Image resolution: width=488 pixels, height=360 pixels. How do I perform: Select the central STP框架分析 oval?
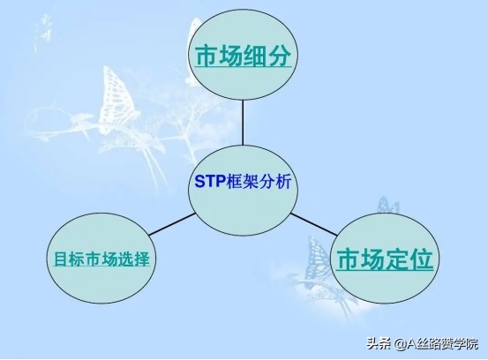pos(242,184)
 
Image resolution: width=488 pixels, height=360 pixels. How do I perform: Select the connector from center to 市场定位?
pos(312,221)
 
